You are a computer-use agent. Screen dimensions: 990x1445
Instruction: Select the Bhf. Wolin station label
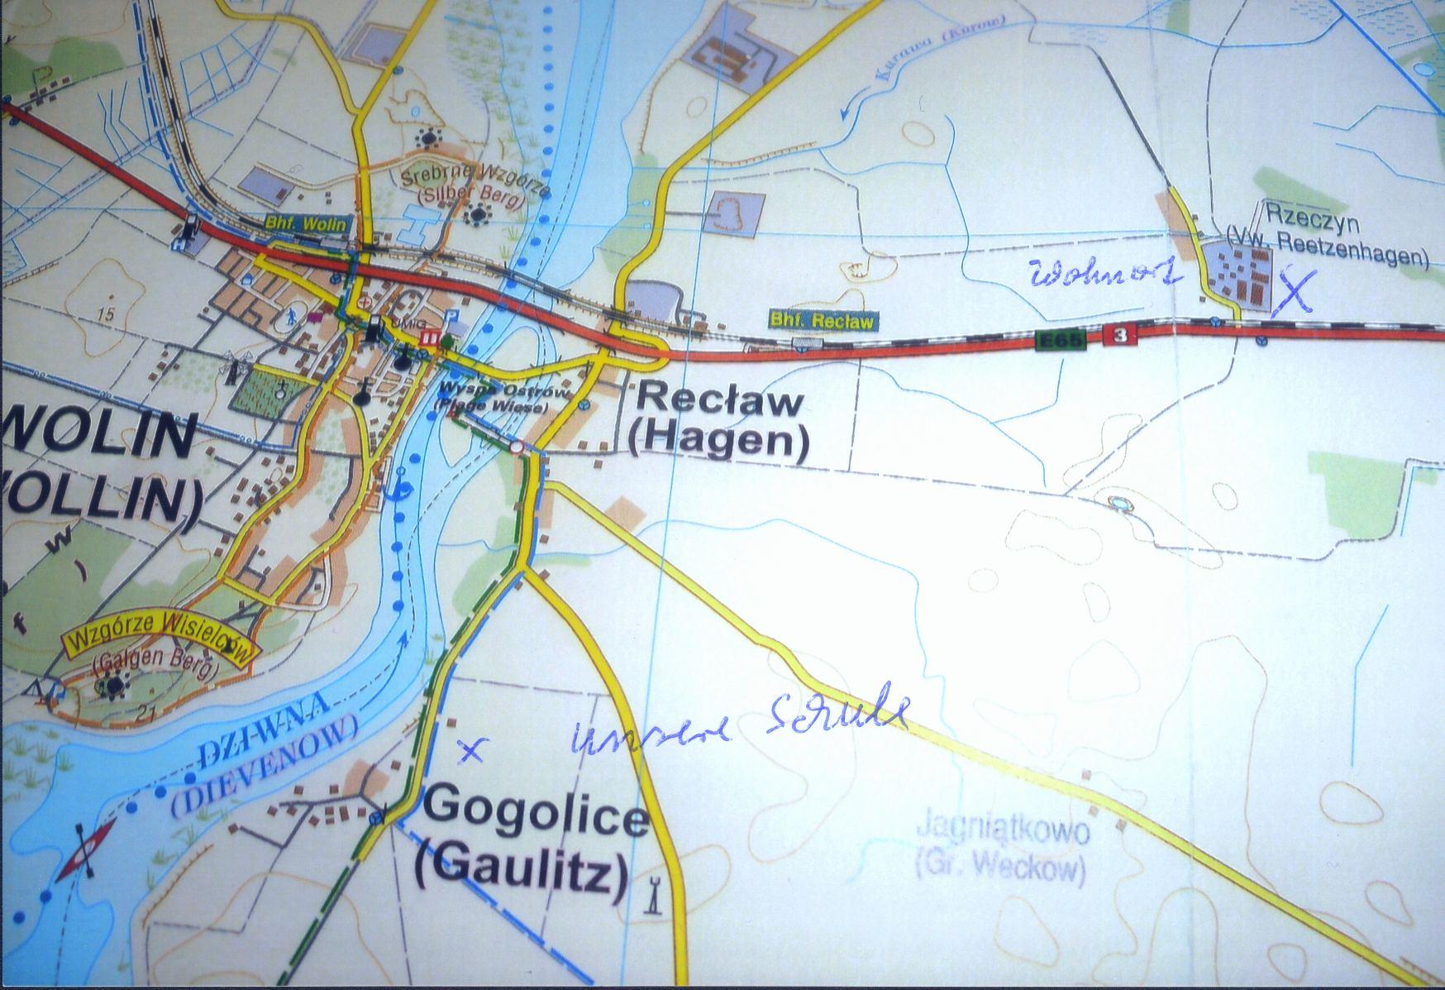click(x=306, y=223)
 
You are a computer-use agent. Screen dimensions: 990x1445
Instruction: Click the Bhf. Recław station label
click(x=822, y=321)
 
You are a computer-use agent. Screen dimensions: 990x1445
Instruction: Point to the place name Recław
click(x=720, y=402)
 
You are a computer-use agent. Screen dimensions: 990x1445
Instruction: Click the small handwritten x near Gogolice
click(x=471, y=749)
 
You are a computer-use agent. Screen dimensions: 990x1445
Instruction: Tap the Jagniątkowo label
click(x=1002, y=831)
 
